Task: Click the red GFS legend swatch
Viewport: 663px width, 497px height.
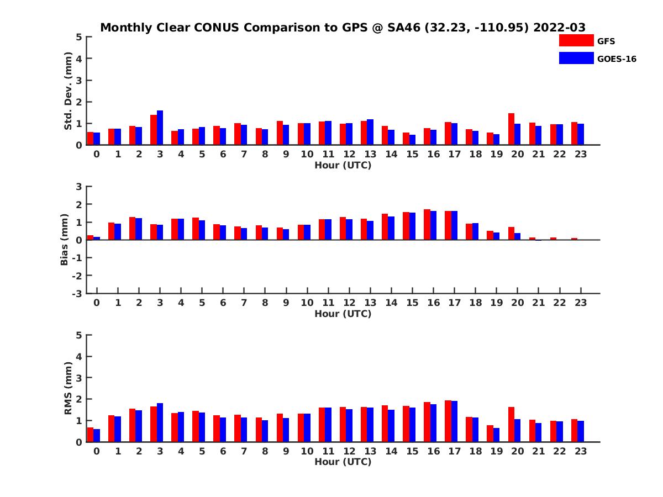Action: [x=576, y=41]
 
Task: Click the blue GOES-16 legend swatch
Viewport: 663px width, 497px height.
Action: [x=576, y=59]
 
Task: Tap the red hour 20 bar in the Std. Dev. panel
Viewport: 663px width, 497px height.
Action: [x=512, y=129]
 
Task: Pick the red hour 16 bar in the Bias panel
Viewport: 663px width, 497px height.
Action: [x=427, y=225]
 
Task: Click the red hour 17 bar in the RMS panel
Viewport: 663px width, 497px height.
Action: [x=448, y=421]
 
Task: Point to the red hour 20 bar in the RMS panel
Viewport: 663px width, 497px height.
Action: [x=512, y=425]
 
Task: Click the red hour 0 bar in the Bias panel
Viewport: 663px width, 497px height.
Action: [x=91, y=237]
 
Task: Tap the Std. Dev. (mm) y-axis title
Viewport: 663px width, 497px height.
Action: [x=68, y=91]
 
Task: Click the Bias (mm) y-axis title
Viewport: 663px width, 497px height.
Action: [x=65, y=240]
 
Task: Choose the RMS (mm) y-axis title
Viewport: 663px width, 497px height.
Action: [x=68, y=388]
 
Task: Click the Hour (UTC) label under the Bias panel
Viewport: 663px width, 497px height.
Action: [x=343, y=314]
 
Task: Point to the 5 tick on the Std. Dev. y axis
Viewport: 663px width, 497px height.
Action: [x=80, y=37]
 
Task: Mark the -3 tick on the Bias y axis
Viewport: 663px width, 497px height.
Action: [x=77, y=293]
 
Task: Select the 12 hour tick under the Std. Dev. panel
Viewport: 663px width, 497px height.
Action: [x=349, y=154]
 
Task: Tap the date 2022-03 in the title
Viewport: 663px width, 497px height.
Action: [x=559, y=28]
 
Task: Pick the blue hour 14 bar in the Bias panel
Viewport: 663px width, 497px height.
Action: [x=391, y=228]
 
